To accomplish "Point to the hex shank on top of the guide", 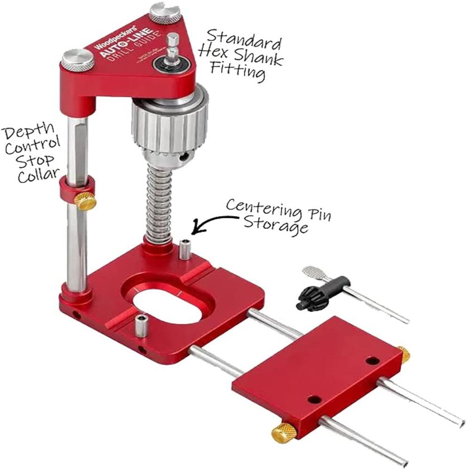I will [x=173, y=45].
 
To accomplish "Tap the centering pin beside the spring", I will [x=185, y=249].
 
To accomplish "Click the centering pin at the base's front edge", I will [x=141, y=325].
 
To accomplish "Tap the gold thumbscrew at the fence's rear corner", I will [x=403, y=354].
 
